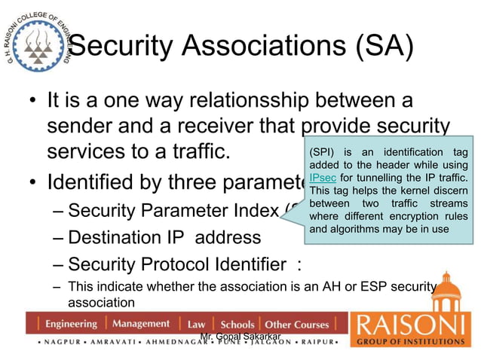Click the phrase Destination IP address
(x=164, y=237)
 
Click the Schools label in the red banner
(x=237, y=325)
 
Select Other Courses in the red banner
(x=297, y=325)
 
